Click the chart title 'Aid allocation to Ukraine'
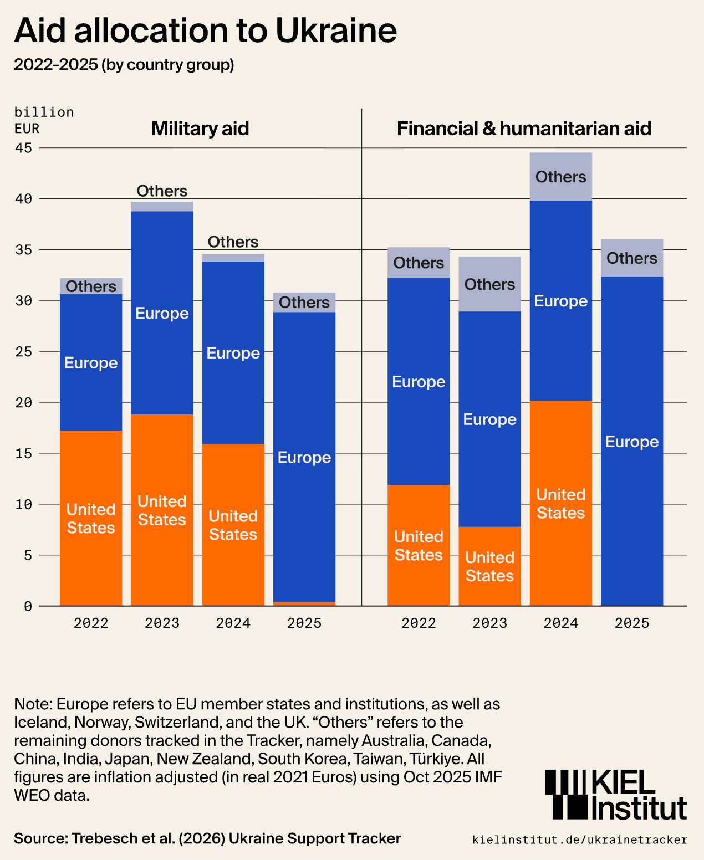click(205, 30)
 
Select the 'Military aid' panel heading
click(200, 129)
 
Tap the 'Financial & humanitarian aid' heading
click(524, 129)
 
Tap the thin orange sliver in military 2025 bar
click(304, 603)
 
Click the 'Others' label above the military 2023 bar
click(162, 191)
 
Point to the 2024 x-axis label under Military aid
click(233, 623)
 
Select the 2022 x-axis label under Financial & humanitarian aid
click(419, 623)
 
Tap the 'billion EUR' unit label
click(43, 120)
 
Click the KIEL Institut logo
click(616, 795)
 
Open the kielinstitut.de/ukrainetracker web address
click(579, 840)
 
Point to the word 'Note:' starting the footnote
click(33, 704)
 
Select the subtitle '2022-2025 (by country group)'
click(124, 65)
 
